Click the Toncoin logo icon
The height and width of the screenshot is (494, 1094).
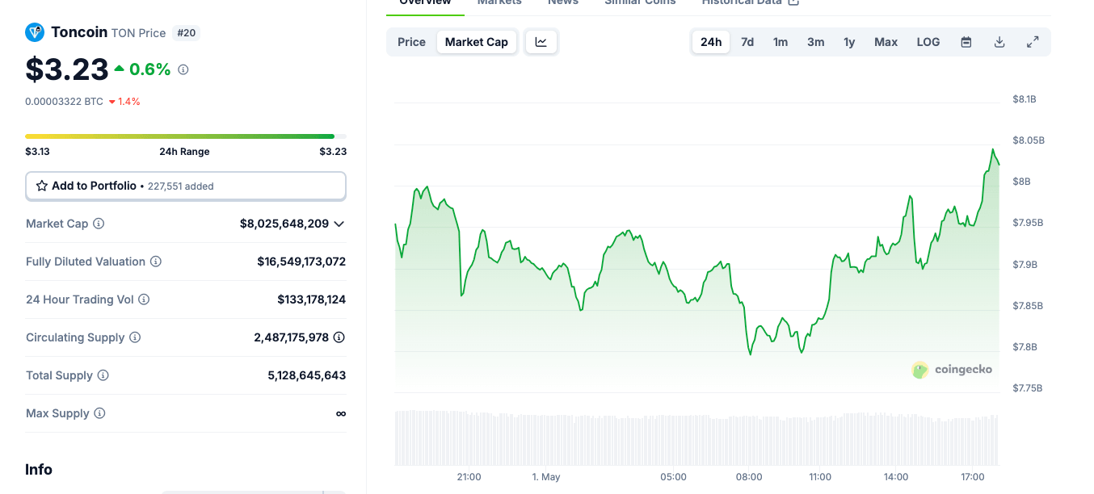pyautogui.click(x=35, y=32)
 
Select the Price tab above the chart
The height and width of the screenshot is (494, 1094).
pyautogui.click(x=411, y=42)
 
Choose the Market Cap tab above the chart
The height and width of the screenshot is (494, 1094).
pyautogui.click(x=477, y=42)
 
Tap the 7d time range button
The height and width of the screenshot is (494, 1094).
pyautogui.click(x=747, y=42)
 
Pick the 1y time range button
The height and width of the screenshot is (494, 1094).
pyautogui.click(x=849, y=42)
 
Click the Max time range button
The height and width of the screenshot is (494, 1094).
pyautogui.click(x=886, y=42)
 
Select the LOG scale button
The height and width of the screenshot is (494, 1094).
pyautogui.click(x=928, y=42)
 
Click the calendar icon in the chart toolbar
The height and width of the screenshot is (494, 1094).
pyautogui.click(x=966, y=42)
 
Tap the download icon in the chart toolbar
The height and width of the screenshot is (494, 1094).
pyautogui.click(x=999, y=42)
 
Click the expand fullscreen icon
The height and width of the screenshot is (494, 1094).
pyautogui.click(x=1033, y=42)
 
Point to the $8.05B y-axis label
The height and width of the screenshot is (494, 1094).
pyautogui.click(x=1029, y=140)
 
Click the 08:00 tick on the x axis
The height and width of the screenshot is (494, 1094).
pyautogui.click(x=749, y=477)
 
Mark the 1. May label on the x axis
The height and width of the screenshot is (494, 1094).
pyautogui.click(x=546, y=477)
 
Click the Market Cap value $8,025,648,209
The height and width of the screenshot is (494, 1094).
pyautogui.click(x=284, y=224)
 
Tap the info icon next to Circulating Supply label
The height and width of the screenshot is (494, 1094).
pyautogui.click(x=135, y=337)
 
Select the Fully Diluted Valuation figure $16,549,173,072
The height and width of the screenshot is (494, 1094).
pyautogui.click(x=301, y=262)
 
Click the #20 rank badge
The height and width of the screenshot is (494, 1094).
pyautogui.click(x=186, y=33)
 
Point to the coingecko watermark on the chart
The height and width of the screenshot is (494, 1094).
pyautogui.click(x=953, y=370)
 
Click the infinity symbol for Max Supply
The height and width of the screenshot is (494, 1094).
pyautogui.click(x=341, y=413)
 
